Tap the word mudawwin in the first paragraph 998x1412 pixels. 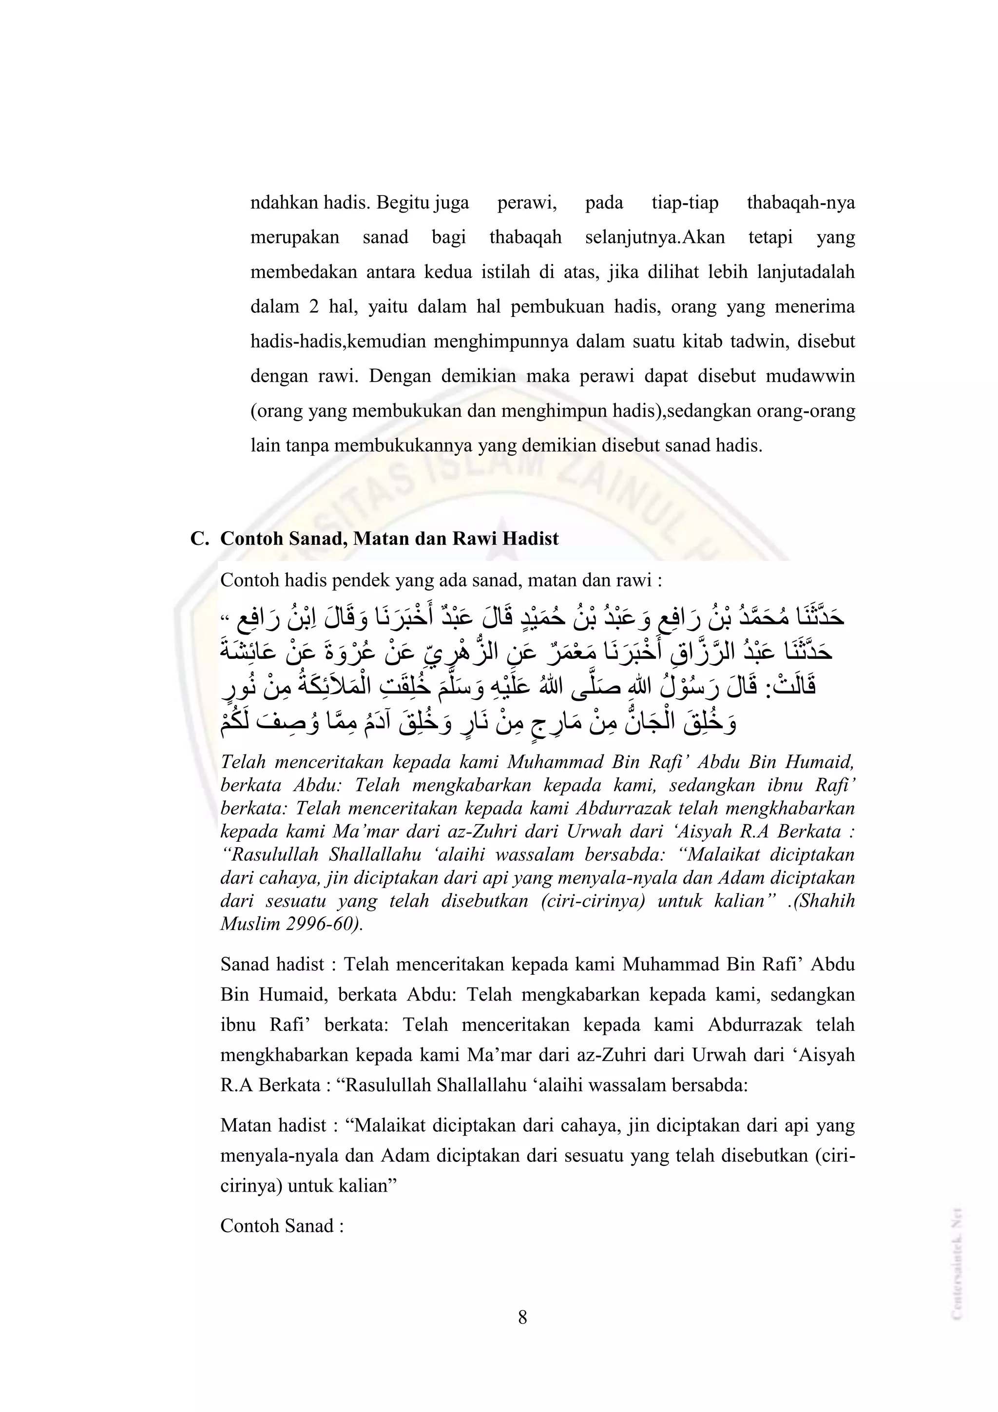pyautogui.click(x=810, y=376)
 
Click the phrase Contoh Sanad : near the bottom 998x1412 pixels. pyautogui.click(x=282, y=1226)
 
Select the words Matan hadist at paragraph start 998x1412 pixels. pyautogui.click(x=273, y=1125)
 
